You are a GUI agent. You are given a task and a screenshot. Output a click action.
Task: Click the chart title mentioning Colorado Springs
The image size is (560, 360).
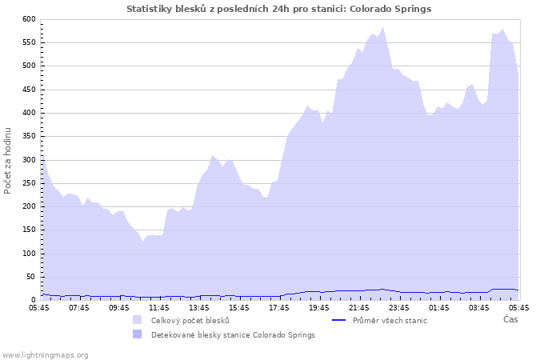tap(279, 9)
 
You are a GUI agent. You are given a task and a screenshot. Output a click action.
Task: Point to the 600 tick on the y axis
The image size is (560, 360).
tap(29, 19)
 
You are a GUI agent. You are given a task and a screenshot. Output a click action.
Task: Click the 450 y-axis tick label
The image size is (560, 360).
tap(29, 90)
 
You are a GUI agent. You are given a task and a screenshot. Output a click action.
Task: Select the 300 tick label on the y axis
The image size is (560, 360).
tap(29, 160)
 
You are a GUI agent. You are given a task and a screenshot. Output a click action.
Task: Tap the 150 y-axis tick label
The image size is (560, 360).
tap(29, 230)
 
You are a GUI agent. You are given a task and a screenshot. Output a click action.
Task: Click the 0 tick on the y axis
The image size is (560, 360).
tap(33, 300)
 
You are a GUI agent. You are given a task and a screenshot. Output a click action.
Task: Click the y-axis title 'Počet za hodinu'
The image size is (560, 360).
tap(8, 160)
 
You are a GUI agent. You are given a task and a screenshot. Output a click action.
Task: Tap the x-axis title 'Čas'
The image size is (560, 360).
tap(510, 319)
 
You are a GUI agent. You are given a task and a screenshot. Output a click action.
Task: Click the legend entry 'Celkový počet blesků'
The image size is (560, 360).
tap(190, 320)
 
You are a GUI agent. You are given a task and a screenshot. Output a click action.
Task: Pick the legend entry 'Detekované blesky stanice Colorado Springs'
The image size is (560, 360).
tap(233, 334)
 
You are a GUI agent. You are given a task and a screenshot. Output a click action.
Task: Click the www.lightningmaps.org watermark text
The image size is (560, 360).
tap(45, 354)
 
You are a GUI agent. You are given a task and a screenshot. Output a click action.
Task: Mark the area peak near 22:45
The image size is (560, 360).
tap(383, 28)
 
